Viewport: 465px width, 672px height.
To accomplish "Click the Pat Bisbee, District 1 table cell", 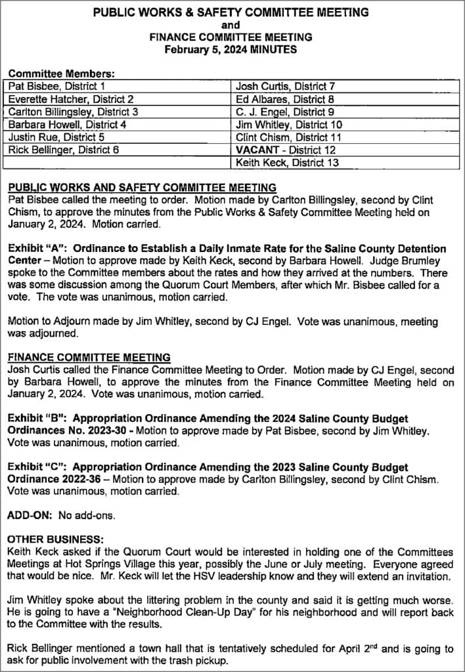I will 118,86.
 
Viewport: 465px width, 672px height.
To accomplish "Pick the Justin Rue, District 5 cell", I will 118,137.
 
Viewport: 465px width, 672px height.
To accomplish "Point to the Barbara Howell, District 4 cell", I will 118,124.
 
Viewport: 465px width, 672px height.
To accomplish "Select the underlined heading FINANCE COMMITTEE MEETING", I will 89,358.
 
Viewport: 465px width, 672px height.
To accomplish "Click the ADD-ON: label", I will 30,515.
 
